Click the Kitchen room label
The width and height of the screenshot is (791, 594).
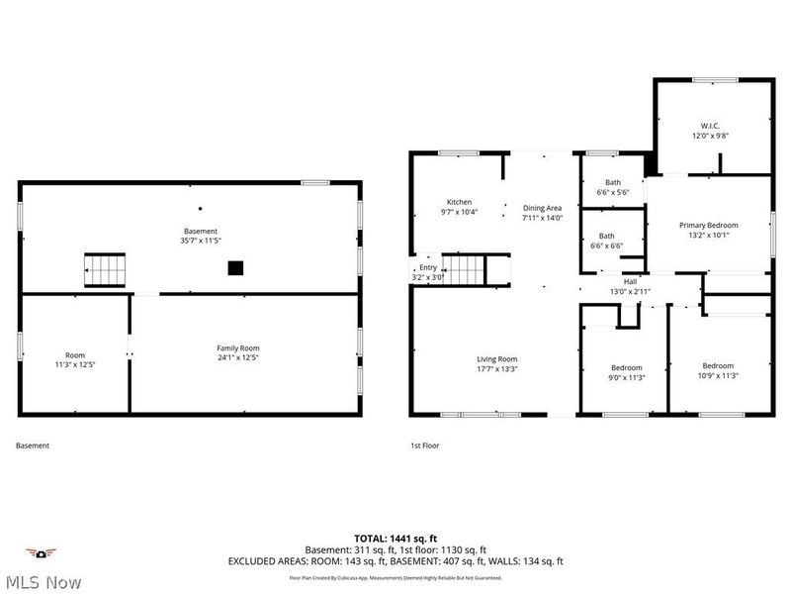point(459,202)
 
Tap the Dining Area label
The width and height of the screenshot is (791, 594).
point(542,208)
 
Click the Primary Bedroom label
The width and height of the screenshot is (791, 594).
point(708,226)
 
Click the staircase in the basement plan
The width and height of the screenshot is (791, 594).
point(105,267)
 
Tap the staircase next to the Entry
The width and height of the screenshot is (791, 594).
point(461,267)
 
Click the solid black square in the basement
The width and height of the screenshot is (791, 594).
point(235,267)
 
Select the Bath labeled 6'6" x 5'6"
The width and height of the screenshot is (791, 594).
point(613,183)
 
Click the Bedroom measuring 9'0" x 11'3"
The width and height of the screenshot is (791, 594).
point(626,367)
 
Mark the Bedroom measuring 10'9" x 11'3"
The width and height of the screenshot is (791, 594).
point(718,365)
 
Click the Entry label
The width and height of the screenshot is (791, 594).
point(427,267)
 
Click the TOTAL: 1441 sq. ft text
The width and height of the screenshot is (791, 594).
point(395,538)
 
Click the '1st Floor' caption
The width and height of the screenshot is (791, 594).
point(424,445)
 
